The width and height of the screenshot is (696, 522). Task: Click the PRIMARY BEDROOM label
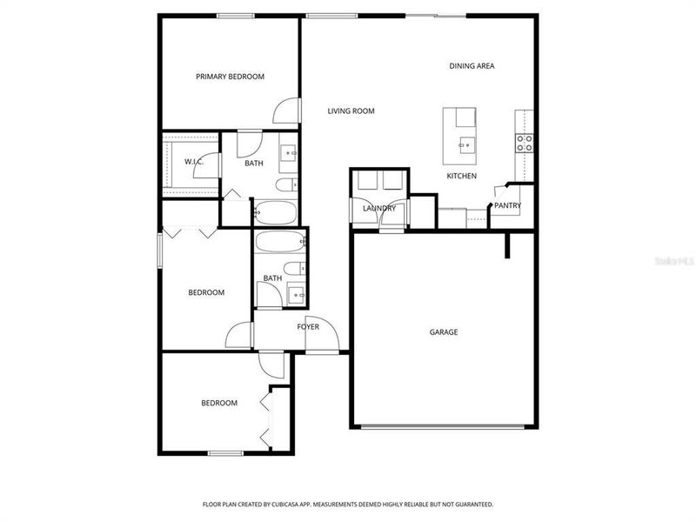point(230,77)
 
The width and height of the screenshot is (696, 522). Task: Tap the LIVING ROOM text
point(351,110)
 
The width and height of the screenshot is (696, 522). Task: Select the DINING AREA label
point(472,66)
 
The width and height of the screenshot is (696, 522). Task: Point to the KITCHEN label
point(461,176)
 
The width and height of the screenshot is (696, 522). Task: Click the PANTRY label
point(507,206)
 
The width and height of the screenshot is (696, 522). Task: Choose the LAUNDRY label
point(379,208)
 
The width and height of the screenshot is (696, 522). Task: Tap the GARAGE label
point(443,332)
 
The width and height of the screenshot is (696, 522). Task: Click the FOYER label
point(308,327)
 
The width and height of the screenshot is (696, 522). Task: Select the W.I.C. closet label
point(193,162)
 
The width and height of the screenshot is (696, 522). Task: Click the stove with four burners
point(525,143)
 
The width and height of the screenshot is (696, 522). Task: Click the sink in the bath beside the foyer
point(296,294)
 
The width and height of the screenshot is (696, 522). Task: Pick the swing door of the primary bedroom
point(284,111)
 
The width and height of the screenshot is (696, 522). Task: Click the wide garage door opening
point(443,426)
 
